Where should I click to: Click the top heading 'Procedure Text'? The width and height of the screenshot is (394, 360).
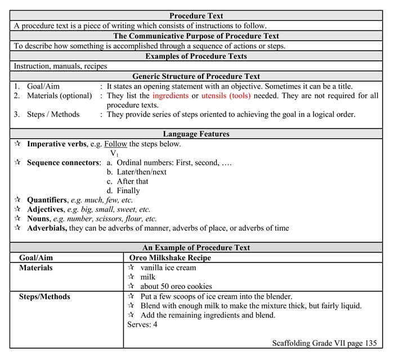coord(196,16)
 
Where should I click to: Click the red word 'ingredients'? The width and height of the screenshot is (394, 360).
coord(171,96)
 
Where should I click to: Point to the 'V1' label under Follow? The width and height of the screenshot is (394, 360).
coord(114,153)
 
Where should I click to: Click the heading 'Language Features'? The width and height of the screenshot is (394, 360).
coord(196,134)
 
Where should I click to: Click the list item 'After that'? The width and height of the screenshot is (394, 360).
coord(132,181)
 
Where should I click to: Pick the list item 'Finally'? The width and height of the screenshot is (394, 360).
coord(128,190)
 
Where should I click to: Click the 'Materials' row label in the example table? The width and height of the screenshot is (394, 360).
coord(35,268)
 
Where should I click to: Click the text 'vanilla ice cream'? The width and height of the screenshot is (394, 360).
coord(168,268)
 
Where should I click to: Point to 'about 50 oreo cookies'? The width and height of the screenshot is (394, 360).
coord(176,286)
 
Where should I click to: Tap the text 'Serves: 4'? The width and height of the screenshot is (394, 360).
coord(142,325)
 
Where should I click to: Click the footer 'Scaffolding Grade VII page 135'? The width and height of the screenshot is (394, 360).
coord(324,343)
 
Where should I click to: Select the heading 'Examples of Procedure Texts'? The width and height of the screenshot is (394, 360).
coord(196,56)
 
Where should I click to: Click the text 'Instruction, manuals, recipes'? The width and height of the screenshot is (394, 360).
coord(60,66)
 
